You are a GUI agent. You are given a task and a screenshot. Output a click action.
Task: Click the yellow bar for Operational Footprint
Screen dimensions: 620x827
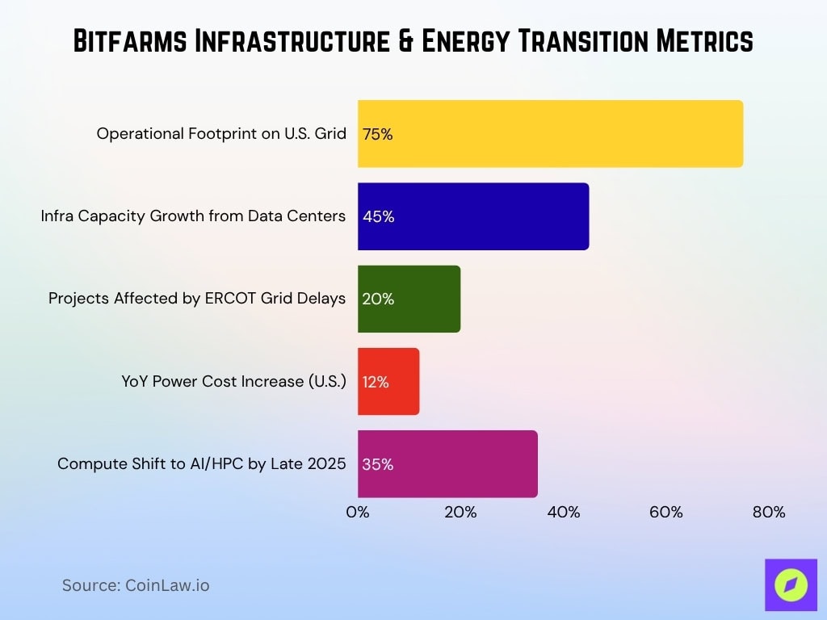(550, 134)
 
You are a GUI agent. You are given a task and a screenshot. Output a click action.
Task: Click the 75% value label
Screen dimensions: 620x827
(377, 135)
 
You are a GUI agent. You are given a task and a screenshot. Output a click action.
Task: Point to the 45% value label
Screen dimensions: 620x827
(378, 217)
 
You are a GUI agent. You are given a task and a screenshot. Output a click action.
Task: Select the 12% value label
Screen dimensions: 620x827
(376, 383)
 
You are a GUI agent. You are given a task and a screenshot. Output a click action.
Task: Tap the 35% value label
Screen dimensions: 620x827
(377, 465)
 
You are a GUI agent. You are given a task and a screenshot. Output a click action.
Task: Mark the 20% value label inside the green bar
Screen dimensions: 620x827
(378, 300)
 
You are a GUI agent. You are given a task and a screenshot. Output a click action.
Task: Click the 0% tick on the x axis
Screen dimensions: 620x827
(358, 512)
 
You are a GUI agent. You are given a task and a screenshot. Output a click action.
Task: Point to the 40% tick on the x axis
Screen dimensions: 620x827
(563, 512)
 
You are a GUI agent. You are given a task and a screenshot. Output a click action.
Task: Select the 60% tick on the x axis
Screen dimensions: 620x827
(665, 512)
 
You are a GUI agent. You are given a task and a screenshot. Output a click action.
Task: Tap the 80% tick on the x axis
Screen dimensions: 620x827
(768, 512)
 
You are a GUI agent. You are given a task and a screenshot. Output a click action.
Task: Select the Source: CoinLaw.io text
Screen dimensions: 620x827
(136, 585)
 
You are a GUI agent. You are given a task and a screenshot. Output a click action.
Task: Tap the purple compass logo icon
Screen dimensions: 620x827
(791, 585)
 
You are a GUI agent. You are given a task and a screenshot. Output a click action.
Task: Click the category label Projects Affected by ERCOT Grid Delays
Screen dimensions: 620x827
(197, 299)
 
